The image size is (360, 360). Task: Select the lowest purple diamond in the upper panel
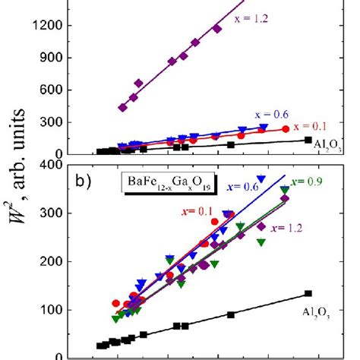(122, 108)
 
